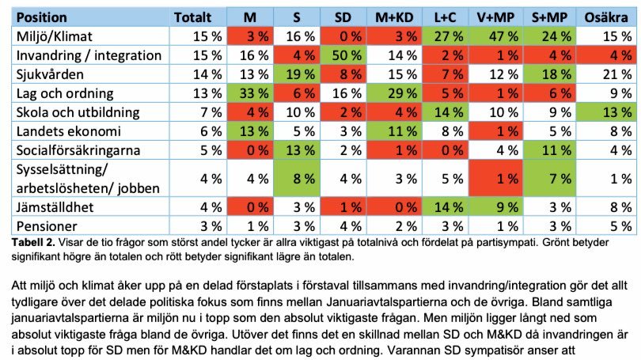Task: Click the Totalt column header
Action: coord(193,17)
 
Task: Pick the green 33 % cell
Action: coord(248,93)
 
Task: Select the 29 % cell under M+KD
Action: coord(399,93)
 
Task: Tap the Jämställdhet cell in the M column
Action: coord(248,208)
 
